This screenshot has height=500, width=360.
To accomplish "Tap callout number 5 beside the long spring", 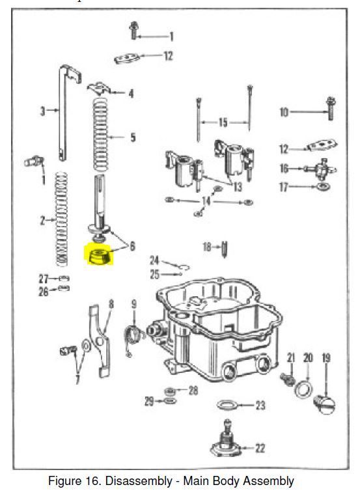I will [133, 137].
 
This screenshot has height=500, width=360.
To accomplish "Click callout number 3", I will [43, 111].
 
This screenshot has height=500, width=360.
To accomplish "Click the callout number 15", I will [223, 122].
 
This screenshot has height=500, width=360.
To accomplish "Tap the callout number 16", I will [284, 169].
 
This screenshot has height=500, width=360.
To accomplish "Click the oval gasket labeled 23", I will [227, 406].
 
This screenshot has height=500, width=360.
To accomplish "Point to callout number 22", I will [260, 448].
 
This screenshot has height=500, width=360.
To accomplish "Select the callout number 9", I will [133, 304].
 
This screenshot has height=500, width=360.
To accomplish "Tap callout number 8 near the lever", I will [111, 303].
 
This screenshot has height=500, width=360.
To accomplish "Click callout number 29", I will [149, 402].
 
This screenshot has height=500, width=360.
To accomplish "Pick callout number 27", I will [43, 279].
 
